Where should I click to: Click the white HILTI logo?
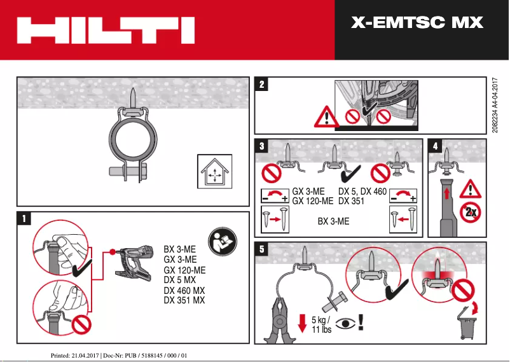(x=105, y=30)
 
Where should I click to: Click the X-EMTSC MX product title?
(x=417, y=24)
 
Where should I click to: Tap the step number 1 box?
(x=24, y=219)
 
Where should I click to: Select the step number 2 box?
(x=262, y=83)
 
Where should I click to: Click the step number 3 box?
(x=262, y=146)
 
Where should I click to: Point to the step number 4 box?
(x=436, y=146)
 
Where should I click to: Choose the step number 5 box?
(x=262, y=249)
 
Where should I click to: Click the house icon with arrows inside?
(x=214, y=171)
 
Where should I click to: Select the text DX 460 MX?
(x=184, y=290)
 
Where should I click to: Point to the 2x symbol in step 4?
(x=471, y=212)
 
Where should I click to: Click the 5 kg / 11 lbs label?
(x=321, y=324)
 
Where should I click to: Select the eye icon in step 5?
(x=346, y=323)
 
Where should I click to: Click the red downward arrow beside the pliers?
(x=302, y=324)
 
